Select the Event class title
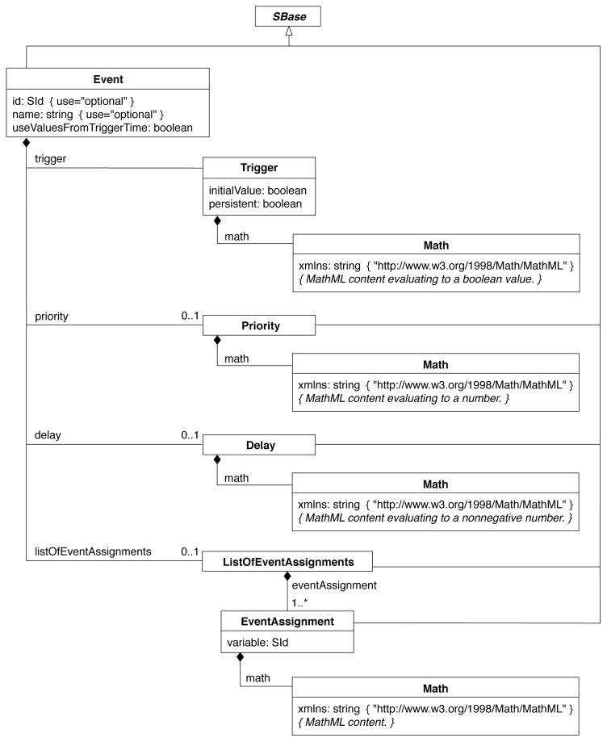(107, 80)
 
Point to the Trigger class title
(258, 169)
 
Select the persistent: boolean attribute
(249, 204)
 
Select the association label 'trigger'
(49, 158)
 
